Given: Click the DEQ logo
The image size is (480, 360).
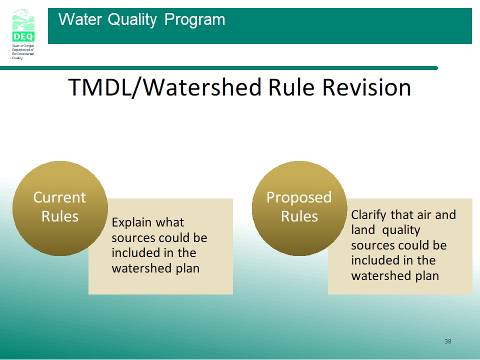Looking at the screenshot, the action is point(23,25).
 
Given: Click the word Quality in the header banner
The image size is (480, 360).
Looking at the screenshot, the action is point(132,20).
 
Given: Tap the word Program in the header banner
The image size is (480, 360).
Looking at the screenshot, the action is point(194,20).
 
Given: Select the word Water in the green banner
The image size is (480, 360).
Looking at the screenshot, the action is point(80,19).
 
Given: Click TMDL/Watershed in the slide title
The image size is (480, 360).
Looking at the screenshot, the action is point(165,87).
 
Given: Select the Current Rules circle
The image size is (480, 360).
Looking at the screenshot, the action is point(60,208).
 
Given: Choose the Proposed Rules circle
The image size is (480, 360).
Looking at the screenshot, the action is point(299,208).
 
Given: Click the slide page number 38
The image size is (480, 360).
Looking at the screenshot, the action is point(448,341).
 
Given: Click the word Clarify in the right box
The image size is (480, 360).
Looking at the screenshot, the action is point(369,215).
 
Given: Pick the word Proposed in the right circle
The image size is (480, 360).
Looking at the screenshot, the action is point(299,198).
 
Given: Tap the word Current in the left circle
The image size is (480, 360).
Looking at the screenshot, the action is point(59,197).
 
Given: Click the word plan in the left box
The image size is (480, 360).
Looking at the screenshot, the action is point(187,269).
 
